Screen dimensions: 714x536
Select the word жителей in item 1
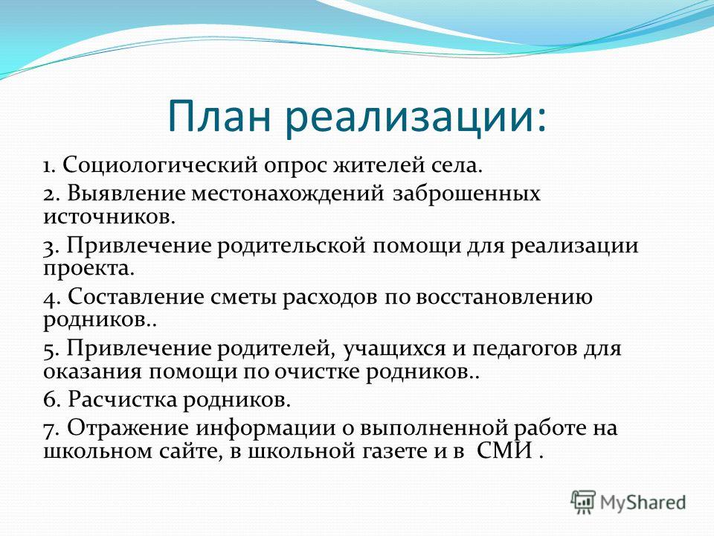377,165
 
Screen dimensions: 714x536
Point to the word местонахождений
287,194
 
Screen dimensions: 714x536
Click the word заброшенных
466,194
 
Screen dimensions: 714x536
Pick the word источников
109,216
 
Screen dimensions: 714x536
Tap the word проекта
89,269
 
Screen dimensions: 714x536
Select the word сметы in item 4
244,298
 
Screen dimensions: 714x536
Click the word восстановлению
504,297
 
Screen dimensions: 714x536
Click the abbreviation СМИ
505,451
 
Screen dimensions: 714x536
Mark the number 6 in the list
51,401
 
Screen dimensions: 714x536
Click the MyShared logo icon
583,502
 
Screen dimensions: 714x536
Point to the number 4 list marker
51,298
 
